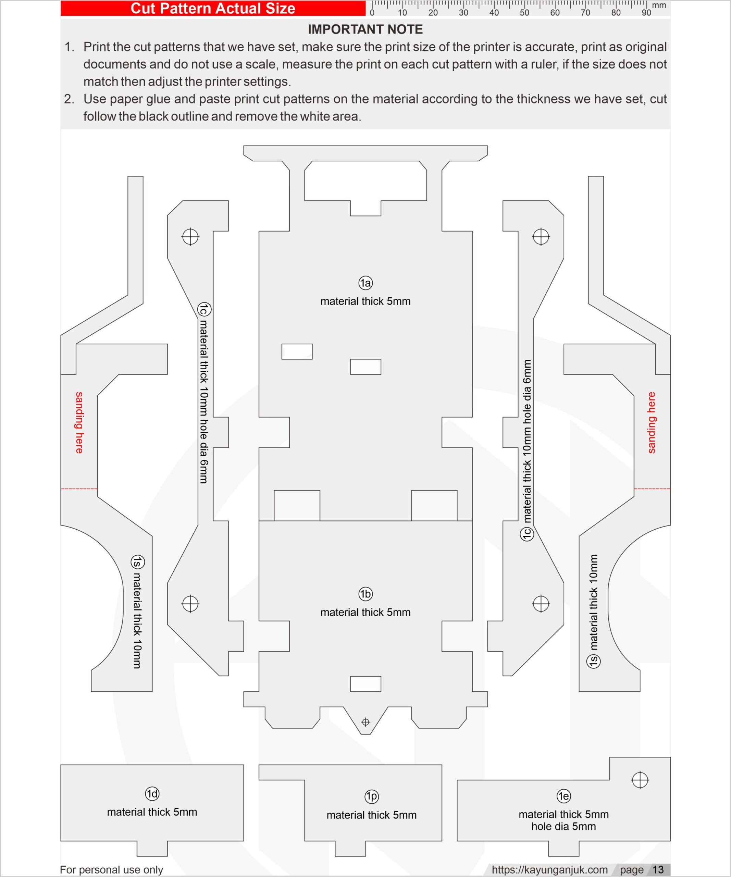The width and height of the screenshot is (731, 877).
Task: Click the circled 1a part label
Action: pos(365,283)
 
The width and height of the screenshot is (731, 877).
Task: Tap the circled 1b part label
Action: pos(365,594)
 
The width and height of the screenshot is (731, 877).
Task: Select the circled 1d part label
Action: pos(152,793)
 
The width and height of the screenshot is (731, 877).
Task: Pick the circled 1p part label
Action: pos(372,796)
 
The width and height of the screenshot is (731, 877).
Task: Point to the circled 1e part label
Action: pos(563,796)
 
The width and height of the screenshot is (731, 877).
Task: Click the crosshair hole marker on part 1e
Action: pos(640,780)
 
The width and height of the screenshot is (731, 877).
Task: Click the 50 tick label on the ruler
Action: pos(524,13)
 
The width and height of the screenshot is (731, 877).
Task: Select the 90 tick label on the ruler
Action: pos(646,13)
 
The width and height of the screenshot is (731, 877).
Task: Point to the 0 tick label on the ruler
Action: pos(372,13)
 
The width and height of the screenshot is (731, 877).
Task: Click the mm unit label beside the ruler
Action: pos(659,5)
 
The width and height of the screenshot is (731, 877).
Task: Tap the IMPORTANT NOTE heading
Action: pos(365,29)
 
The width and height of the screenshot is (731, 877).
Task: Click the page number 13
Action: pos(658,869)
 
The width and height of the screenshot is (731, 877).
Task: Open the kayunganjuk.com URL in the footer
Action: pos(549,869)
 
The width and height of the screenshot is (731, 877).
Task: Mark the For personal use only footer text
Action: pos(111,869)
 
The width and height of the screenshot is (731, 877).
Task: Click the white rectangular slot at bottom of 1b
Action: pos(365,684)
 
